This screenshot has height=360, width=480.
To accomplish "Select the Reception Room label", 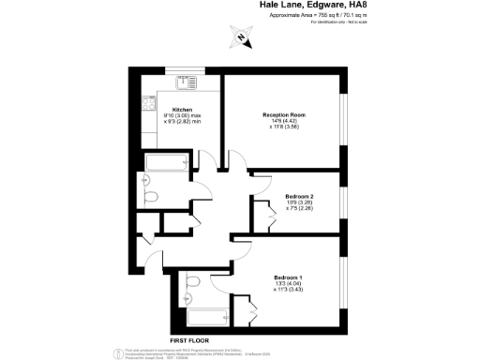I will (x=284, y=114).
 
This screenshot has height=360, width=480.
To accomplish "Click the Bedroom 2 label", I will (x=300, y=197).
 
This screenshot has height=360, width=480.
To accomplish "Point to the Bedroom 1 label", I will (x=289, y=277).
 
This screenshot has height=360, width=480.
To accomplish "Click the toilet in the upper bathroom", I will (x=151, y=197).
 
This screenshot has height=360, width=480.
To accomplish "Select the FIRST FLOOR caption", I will (x=188, y=340).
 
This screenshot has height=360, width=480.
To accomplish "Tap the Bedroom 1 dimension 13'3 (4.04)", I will (x=289, y=284).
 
